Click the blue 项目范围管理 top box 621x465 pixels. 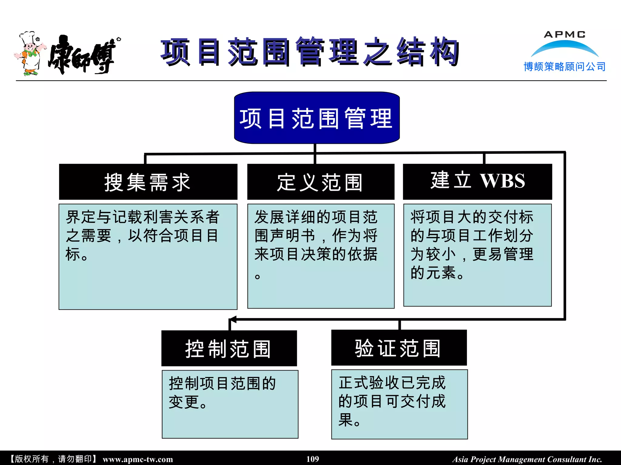pyautogui.click(x=317, y=118)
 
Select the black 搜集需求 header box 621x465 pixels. pyautogui.click(x=148, y=182)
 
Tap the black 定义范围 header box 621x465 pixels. pyautogui.click(x=321, y=182)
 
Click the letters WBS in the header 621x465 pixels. pyautogui.click(x=502, y=181)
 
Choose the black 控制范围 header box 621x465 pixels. pyautogui.click(x=229, y=348)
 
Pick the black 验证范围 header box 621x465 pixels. pyautogui.click(x=399, y=348)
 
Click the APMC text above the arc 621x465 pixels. pyautogui.click(x=564, y=35)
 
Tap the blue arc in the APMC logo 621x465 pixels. pyautogui.click(x=564, y=47)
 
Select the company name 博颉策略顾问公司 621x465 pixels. pyautogui.click(x=564, y=67)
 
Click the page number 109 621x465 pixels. pyautogui.click(x=313, y=459)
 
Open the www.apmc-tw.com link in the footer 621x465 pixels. pyautogui.click(x=138, y=459)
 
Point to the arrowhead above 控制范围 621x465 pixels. pyautogui.click(x=232, y=319)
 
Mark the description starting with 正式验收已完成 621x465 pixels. pyautogui.click(x=392, y=401)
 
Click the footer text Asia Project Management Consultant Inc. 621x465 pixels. pyautogui.click(x=527, y=459)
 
